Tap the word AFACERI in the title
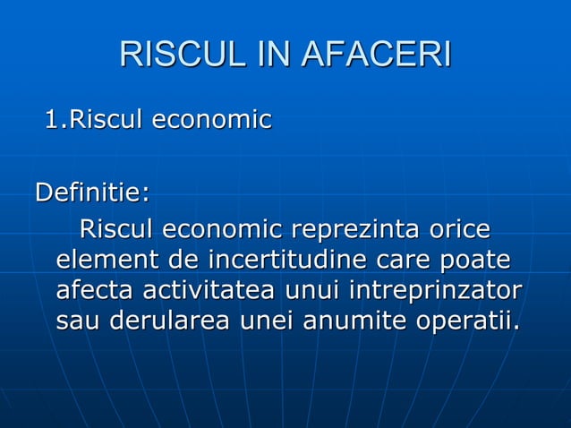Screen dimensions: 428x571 [378, 55]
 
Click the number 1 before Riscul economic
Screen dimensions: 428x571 [54, 119]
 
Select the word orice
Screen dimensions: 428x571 [458, 230]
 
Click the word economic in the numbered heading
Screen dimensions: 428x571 [211, 119]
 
